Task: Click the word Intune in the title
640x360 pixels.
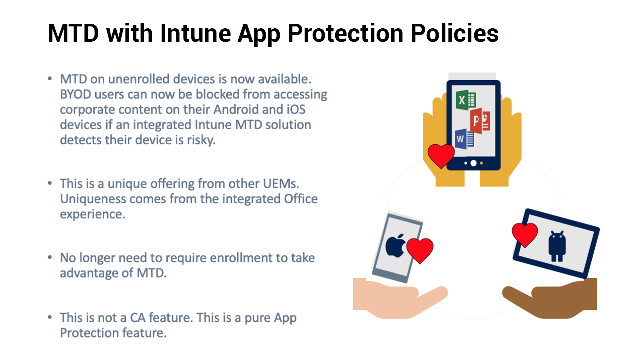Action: coord(195,33)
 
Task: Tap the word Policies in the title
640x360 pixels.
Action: coord(455,33)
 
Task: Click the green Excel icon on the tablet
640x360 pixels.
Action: coord(466,100)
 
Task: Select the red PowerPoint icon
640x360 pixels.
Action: coord(480,121)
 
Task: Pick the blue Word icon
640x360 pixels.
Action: coord(465,139)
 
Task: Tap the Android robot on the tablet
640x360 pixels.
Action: coord(557,246)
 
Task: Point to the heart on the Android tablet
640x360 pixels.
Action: coord(525,235)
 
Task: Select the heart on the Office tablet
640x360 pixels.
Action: coord(441,156)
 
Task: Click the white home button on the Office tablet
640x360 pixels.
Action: coord(473,163)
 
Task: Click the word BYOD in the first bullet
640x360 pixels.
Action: coord(76,94)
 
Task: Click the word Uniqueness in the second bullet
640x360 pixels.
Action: coord(93,199)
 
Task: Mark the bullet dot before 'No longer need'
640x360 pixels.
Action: coord(50,257)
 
